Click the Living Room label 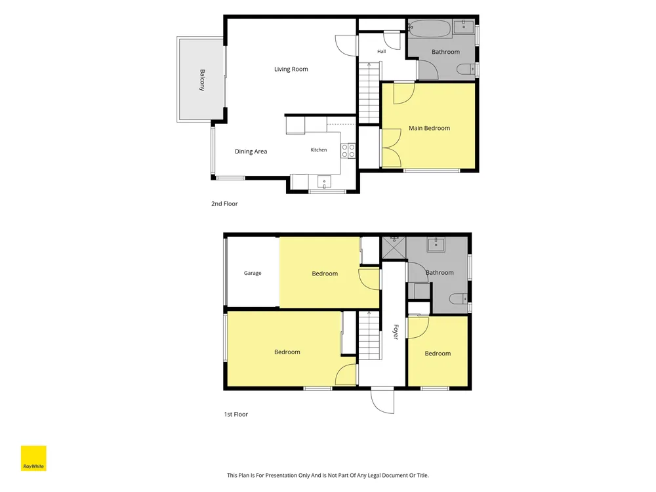[291, 69]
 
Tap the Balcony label [202, 80]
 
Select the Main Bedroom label [429, 128]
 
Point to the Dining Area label [251, 152]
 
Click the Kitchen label [318, 150]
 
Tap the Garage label [253, 273]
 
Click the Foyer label [396, 332]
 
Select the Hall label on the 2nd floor [381, 51]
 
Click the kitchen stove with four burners [348, 151]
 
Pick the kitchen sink [324, 182]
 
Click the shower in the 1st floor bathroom [394, 249]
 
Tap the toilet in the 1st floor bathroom [459, 298]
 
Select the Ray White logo [33, 458]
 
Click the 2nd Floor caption [224, 204]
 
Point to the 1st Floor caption [236, 414]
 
